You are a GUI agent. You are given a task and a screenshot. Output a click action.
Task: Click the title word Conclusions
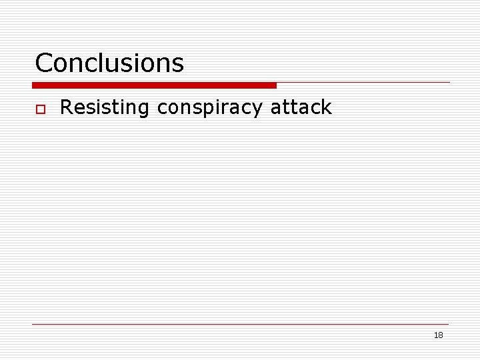pos(109,63)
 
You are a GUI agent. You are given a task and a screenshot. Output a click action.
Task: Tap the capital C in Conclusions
pos(44,63)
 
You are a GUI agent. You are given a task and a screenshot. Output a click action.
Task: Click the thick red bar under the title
pos(154,85)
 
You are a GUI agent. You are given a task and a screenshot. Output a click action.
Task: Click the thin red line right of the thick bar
pos(363,83)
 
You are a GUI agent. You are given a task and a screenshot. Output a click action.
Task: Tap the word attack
pos(301,107)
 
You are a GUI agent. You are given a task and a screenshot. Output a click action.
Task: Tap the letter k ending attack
pos(326,107)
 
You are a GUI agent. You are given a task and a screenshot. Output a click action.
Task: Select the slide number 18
pos(438,335)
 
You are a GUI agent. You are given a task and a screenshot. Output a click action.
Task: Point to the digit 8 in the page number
pos(440,335)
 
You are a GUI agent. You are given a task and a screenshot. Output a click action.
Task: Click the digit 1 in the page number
pos(435,335)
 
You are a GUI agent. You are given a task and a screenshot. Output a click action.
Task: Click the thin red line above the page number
pos(240,325)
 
